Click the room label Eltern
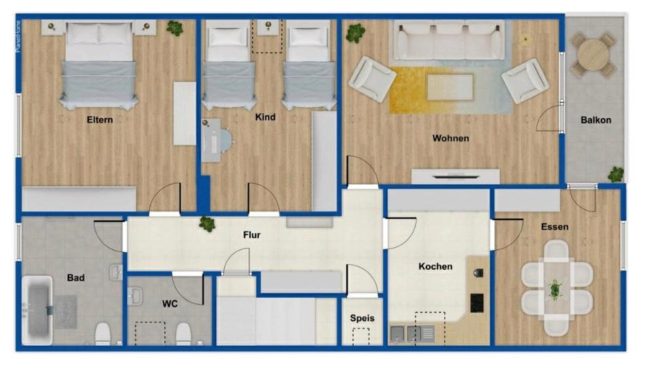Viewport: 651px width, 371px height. (100, 120)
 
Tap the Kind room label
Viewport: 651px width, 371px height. (265, 118)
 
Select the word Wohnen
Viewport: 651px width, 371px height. (450, 139)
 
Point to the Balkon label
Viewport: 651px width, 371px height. (595, 120)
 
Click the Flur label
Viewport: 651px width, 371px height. (252, 235)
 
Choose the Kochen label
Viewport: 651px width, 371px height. (435, 266)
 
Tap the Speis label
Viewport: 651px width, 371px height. (362, 317)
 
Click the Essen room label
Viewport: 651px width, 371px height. (555, 227)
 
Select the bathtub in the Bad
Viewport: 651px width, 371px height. (39, 309)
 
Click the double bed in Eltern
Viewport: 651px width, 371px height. (99, 65)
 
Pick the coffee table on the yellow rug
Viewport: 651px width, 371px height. (450, 87)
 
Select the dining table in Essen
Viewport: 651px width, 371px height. (556, 289)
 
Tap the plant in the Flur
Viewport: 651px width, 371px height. (207, 224)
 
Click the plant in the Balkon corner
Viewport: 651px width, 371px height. (616, 175)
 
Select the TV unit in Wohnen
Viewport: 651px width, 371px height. (455, 177)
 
